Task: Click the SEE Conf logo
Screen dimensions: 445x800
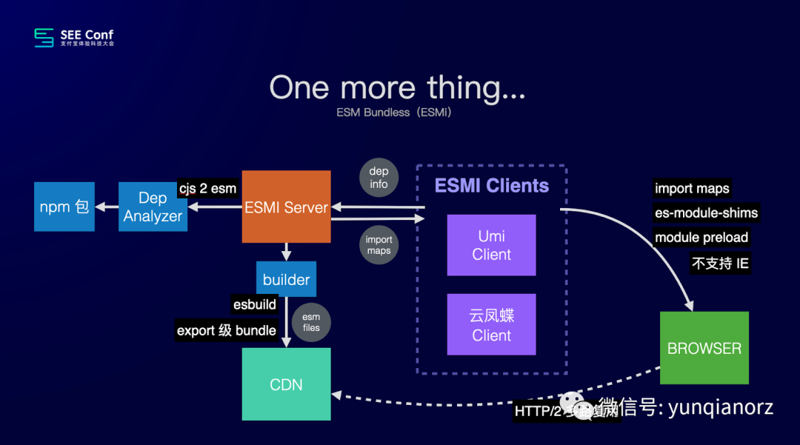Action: click(74, 37)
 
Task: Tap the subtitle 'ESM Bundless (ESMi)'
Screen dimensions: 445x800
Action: click(393, 113)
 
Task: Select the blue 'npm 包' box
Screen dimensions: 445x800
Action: click(64, 207)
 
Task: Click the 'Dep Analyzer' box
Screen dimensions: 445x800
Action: click(153, 207)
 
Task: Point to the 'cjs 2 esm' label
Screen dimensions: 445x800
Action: click(207, 188)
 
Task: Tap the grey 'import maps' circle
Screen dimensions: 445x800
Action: click(379, 245)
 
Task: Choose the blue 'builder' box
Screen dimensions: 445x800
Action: click(286, 279)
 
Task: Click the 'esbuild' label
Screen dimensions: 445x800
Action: click(254, 304)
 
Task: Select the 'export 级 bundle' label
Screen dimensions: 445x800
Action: click(227, 330)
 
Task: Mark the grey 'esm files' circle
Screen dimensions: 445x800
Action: click(311, 322)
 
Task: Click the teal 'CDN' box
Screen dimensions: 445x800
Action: click(286, 384)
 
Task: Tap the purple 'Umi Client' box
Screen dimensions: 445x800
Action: click(491, 245)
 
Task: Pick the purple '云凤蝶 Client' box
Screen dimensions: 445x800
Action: click(491, 324)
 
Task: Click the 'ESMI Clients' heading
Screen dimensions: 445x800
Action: click(492, 185)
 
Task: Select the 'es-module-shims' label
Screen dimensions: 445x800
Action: click(706, 213)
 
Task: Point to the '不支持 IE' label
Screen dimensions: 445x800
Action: click(720, 263)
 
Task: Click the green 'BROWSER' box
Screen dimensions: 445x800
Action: click(704, 348)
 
